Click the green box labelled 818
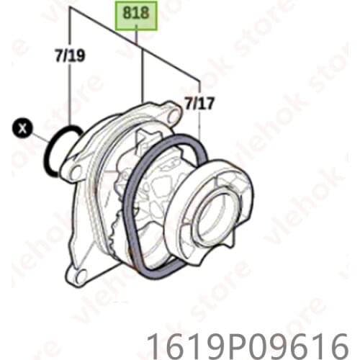(136, 14)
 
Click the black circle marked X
(24, 130)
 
